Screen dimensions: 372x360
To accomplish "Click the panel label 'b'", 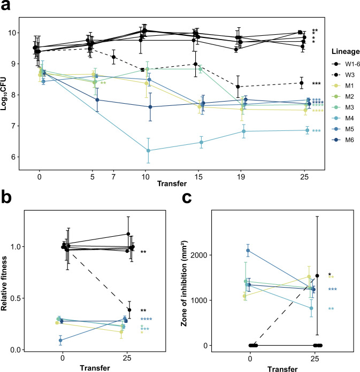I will click(7, 203).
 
